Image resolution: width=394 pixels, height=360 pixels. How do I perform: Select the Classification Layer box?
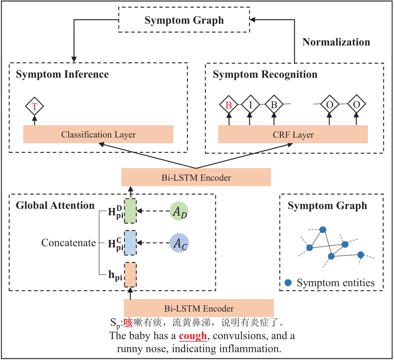98,134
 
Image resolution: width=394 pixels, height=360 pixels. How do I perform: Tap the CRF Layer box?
293,134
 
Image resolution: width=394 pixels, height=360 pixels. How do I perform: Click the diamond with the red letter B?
229,105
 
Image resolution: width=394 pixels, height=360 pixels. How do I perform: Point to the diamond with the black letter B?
274,105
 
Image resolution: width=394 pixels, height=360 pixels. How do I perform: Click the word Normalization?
336,42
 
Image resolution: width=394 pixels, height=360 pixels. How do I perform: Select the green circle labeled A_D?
179,211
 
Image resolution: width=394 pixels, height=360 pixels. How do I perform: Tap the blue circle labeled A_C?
179,243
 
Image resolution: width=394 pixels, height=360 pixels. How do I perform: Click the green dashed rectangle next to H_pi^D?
130,211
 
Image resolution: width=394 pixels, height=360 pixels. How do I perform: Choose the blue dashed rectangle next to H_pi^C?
130,243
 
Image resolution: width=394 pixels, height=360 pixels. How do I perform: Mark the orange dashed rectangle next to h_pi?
130,274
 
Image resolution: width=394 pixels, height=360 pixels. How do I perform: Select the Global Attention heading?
55,205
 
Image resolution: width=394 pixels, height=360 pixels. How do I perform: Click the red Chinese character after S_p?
128,323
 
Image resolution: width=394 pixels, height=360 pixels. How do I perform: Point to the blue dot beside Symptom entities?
289,282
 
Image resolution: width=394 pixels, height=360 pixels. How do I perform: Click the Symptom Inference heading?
62,74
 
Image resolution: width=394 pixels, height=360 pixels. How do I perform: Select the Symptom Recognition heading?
265,74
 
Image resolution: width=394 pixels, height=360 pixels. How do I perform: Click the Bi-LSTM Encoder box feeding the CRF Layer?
196,178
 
